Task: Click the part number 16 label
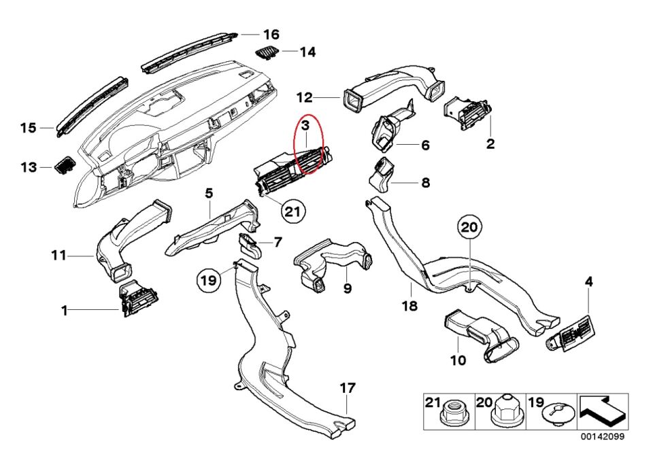(271, 34)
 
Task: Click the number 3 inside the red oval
(306, 126)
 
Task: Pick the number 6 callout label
(425, 145)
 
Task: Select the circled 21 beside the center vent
(292, 211)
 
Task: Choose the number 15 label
(28, 128)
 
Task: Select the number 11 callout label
(58, 256)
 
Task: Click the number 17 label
(348, 388)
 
